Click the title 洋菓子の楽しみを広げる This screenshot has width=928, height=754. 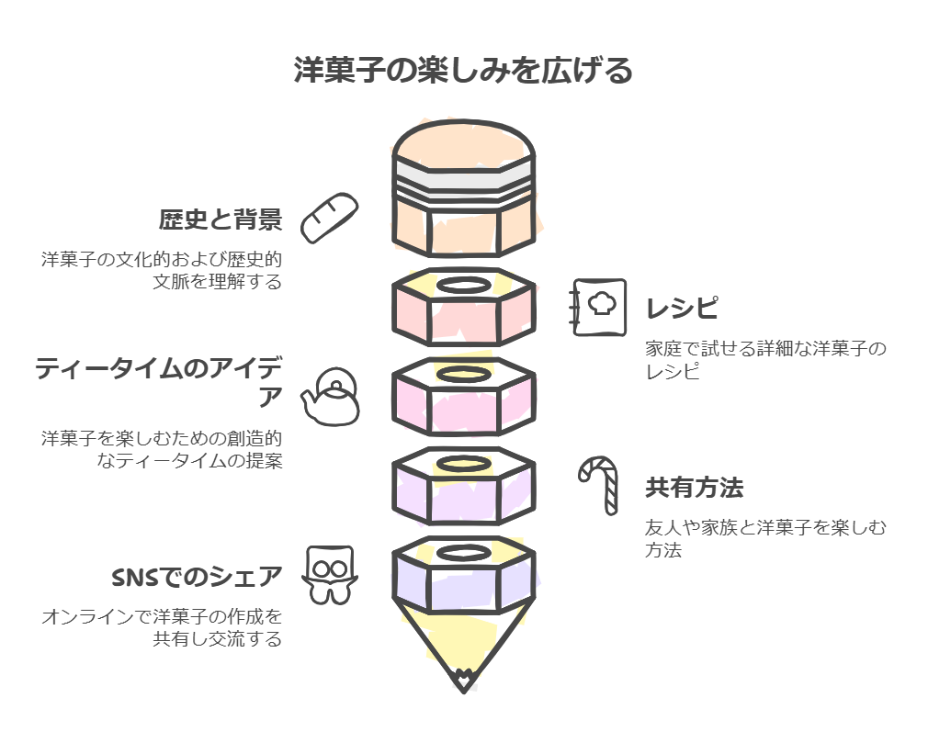463,71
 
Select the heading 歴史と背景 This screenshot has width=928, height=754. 220,220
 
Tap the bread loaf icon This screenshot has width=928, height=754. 328,218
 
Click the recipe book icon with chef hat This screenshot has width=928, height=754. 600,308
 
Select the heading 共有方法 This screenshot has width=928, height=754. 694,489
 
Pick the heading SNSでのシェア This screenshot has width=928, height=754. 197,578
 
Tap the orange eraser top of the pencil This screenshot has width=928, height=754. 463,146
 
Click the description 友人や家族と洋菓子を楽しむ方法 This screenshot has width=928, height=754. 765,539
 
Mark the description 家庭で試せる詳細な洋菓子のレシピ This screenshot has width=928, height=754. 765,360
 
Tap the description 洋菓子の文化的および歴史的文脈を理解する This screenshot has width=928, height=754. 162,270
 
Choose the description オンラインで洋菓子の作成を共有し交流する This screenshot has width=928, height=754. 162,627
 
